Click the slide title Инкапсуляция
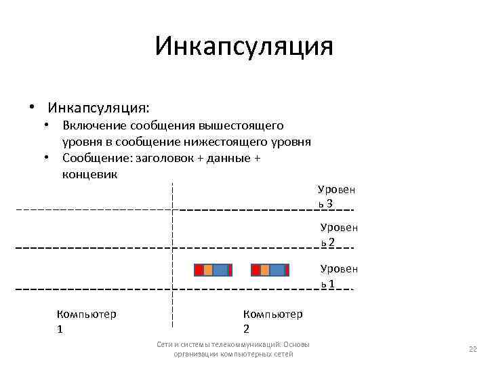(244, 47)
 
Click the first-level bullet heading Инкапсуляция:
(99, 108)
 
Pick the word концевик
(89, 174)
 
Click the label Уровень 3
(336, 197)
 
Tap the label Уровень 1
(338, 276)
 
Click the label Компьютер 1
(86, 321)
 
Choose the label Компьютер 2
(272, 321)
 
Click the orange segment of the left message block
(208, 270)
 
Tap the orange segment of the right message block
(265, 270)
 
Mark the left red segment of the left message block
(199, 270)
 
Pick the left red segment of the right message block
(256, 270)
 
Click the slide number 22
(473, 349)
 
